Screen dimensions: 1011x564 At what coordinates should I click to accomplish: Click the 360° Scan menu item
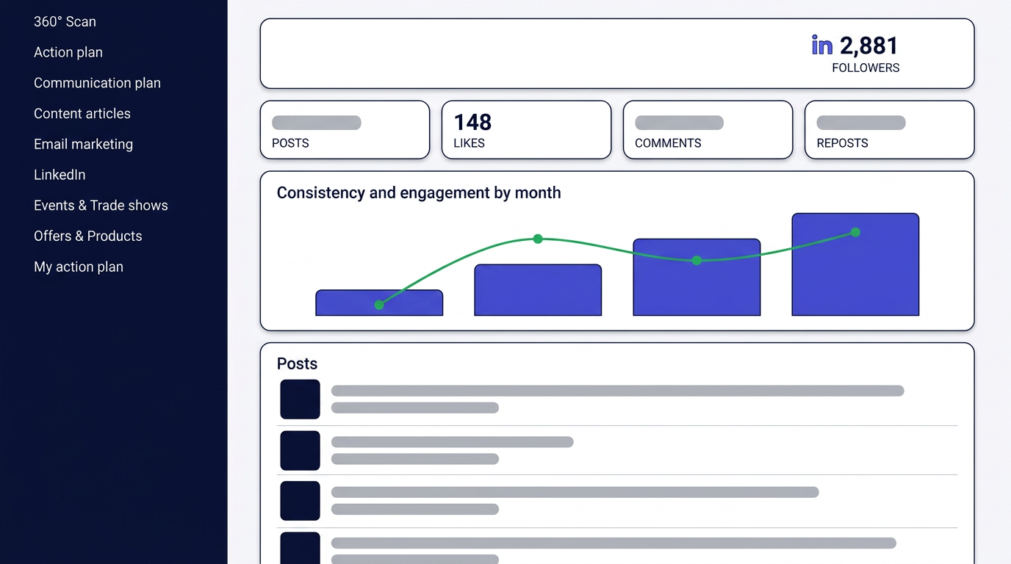65,21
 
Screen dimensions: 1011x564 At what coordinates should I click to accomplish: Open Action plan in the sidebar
68,52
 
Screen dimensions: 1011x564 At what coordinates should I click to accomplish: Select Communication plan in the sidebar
97,83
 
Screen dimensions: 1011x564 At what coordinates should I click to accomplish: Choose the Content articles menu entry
82,114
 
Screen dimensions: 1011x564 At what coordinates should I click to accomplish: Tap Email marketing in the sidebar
84,145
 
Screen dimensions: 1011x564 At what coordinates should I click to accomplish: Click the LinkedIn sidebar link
60,175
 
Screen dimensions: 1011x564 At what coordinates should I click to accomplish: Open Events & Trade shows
101,206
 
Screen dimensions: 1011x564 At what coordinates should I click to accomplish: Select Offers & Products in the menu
88,236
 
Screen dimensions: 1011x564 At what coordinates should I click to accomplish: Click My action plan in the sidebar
79,267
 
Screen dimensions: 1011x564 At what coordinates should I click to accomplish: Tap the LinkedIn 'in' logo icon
822,46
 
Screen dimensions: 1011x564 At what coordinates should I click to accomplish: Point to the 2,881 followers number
868,46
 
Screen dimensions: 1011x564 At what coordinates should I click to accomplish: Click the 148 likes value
472,123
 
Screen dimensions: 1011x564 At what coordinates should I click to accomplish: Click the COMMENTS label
668,143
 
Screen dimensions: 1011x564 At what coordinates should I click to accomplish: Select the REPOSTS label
842,143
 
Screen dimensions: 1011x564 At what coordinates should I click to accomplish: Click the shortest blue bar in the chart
379,303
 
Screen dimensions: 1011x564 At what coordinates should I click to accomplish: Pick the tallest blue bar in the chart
855,264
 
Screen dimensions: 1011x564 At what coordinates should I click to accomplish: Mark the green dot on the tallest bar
855,232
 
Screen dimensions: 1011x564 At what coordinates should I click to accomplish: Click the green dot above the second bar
538,239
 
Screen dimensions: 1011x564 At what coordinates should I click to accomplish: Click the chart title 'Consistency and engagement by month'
419,193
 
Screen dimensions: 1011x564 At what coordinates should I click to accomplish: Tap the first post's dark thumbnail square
300,399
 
